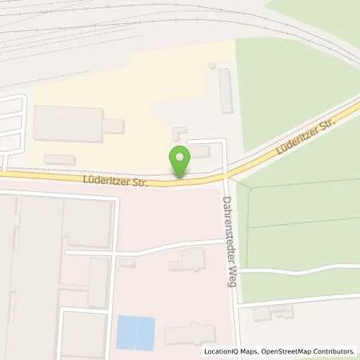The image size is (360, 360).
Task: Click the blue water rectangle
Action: click(135, 332)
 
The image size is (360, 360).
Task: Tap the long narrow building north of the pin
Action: click(225, 90)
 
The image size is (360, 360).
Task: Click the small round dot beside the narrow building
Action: click(211, 66)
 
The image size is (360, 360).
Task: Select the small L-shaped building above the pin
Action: click(177, 130)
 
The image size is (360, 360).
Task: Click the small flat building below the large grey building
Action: click(59, 160)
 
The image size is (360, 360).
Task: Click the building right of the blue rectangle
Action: click(190, 334)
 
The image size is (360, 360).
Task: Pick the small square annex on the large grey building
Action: click(114, 126)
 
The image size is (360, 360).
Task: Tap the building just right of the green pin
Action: click(199, 151)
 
